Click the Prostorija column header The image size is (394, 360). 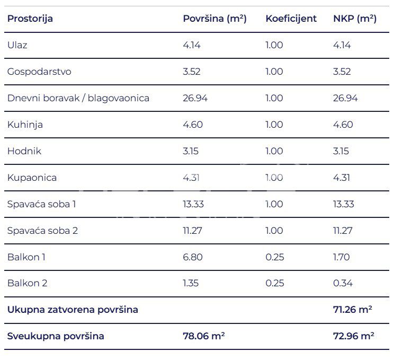click(30, 19)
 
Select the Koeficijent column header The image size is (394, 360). click(291, 19)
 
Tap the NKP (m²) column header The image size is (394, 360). click(354, 19)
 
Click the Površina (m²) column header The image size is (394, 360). click(214, 19)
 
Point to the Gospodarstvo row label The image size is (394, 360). click(39, 72)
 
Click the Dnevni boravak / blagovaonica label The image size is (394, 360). click(78, 98)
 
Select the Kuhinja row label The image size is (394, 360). click(25, 125)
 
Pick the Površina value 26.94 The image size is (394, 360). click(195, 98)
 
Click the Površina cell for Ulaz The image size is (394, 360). click(192, 45)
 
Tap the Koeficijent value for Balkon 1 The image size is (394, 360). click(274, 257)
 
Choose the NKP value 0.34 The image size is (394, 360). click(343, 283)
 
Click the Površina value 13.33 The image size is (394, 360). click(193, 204)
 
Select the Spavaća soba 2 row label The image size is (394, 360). click(43, 231)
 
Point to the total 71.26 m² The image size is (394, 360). click(352, 310)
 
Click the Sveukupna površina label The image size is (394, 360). click(56, 336)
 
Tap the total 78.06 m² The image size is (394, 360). click(203, 336)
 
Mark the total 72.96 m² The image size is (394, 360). click(353, 336)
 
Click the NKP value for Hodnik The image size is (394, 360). click(341, 151)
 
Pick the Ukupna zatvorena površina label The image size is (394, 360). click(73, 310)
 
